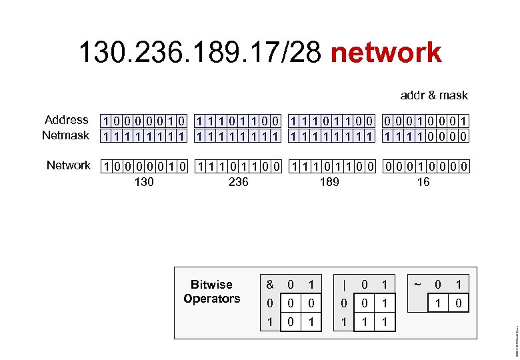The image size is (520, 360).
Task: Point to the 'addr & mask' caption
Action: (434, 95)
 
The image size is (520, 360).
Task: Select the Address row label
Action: (66, 120)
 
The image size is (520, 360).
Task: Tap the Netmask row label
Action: (65, 135)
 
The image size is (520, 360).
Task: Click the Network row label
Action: (68, 165)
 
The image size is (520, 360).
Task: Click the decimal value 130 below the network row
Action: (143, 181)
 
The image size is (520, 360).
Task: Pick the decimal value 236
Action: (238, 181)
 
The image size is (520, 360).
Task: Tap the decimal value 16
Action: (423, 181)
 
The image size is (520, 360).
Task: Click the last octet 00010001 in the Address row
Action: (425, 121)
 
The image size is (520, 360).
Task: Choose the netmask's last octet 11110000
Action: (425, 137)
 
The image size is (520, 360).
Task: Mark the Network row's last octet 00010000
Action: (425, 166)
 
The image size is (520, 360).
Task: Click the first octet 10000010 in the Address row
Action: (143, 121)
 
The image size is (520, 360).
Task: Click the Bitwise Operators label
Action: (211, 292)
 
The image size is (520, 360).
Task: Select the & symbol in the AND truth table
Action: (270, 285)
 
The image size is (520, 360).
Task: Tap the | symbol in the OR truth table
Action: (343, 285)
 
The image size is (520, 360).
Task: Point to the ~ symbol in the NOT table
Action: (417, 285)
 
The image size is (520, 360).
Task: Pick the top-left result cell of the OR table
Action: (364, 303)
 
